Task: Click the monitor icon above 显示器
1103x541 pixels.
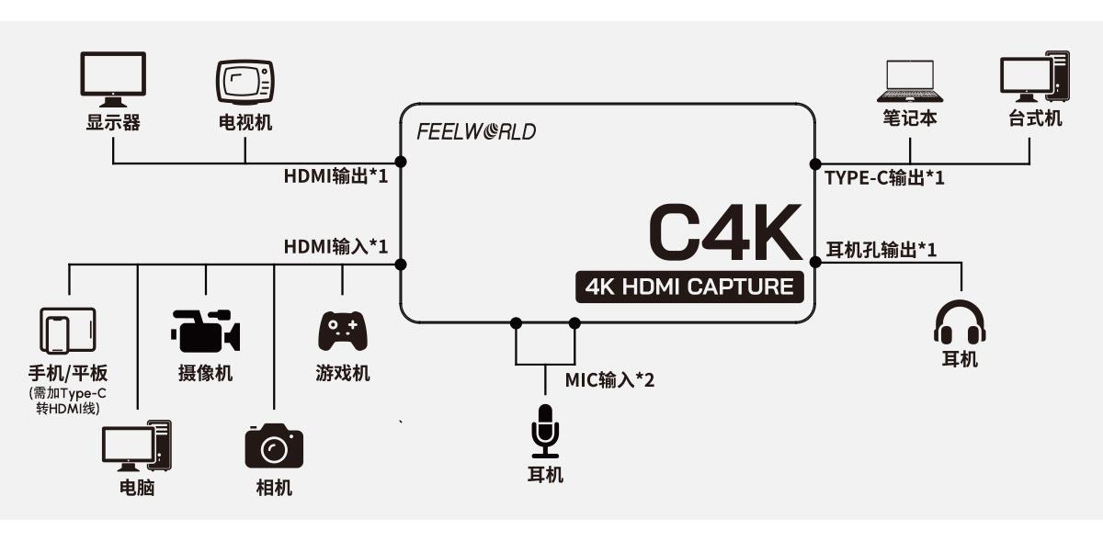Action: coord(113,79)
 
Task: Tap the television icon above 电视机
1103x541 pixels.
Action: coord(245,82)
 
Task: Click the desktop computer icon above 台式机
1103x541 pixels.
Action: coord(1034,79)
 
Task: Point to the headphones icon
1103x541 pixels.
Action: coord(960,321)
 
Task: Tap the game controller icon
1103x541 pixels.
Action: coord(342,331)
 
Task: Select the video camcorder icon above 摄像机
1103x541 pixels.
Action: coord(205,331)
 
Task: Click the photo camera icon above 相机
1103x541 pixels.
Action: coord(273,446)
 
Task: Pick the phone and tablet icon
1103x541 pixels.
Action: coord(68,331)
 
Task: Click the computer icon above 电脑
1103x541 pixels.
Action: coord(136,446)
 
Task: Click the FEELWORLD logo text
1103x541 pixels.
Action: coord(476,131)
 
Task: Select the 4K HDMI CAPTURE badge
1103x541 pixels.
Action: coord(689,287)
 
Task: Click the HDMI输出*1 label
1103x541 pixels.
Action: coord(335,175)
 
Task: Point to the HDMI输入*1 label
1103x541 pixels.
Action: coord(335,246)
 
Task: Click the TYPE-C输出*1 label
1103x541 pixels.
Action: coord(885,178)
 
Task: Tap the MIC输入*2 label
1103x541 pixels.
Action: coord(609,378)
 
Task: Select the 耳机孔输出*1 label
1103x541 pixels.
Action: coord(881,249)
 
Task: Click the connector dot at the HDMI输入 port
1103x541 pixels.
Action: coord(401,265)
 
